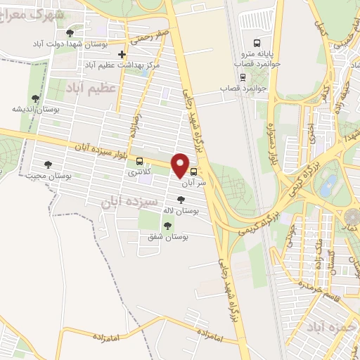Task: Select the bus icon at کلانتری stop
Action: (139, 160)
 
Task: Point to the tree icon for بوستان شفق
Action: (167, 226)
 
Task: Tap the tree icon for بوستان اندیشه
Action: (35, 98)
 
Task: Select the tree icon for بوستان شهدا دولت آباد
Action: (69, 33)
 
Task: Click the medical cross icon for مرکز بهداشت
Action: (122, 54)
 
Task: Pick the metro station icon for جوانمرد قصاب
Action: (243, 78)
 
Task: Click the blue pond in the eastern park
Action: (328, 185)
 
